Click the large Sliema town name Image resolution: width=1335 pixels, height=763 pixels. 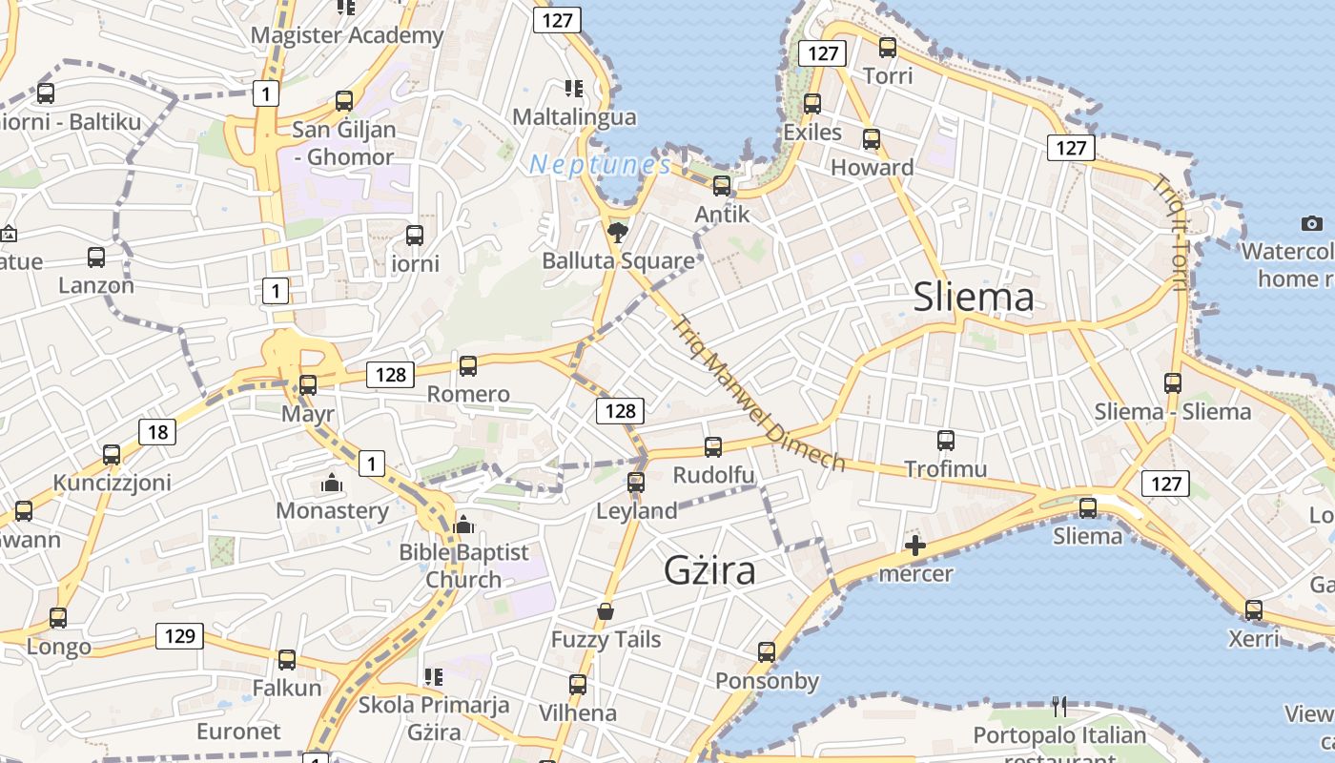pos(974,298)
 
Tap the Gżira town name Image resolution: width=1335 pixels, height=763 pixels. pos(710,570)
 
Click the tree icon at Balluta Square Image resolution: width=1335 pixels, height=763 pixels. pos(618,231)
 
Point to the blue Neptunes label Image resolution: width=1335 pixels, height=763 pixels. pos(600,165)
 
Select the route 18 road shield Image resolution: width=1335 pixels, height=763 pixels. pos(157,432)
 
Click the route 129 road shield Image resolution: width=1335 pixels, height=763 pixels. pos(179,636)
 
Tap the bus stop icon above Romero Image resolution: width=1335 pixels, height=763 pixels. pos(467,365)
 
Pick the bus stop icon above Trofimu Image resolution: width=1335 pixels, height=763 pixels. pos(945,441)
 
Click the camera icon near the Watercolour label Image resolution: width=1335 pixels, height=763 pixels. pos(1311,224)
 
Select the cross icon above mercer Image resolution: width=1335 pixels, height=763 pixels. pos(914,546)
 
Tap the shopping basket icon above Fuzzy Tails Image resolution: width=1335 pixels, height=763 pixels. pos(605,610)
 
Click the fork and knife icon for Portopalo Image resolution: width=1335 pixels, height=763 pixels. pos(1059,707)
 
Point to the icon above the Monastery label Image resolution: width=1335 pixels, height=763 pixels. pos(332,483)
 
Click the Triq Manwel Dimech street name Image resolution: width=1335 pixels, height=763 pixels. pos(759,394)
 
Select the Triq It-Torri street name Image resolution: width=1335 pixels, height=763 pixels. pos(1172,233)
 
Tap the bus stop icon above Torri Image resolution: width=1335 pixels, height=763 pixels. pos(888,47)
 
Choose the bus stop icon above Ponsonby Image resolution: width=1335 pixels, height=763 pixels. pos(767,652)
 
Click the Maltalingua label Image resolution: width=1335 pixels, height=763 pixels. pos(574,117)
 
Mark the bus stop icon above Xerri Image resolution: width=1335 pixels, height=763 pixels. pos(1253,609)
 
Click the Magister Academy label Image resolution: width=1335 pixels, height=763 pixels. pos(347,35)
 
